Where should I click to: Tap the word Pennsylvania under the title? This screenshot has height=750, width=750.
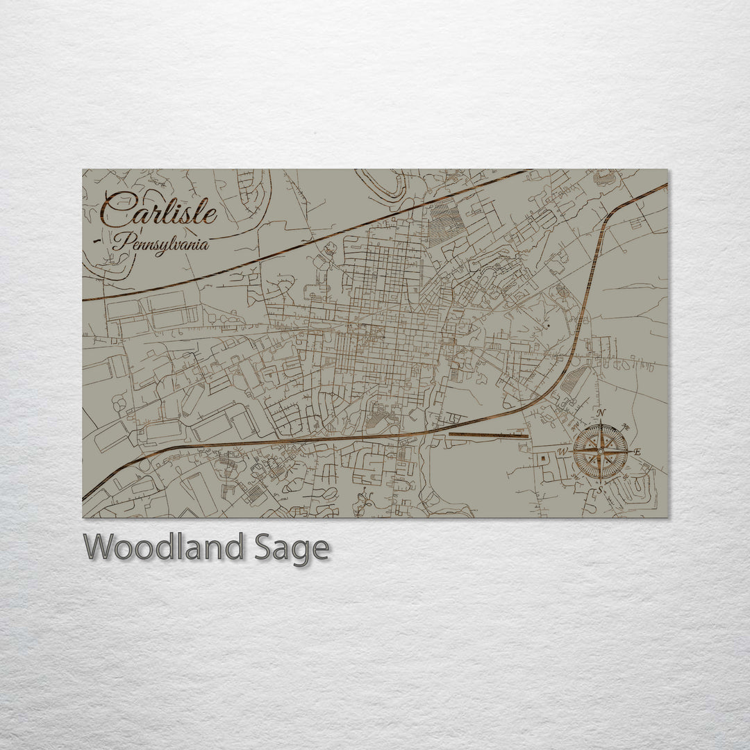(x=161, y=243)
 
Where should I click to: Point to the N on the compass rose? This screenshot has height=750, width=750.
(x=601, y=415)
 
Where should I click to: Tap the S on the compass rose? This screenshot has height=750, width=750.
(x=600, y=490)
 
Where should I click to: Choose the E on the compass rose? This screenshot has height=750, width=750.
(x=637, y=452)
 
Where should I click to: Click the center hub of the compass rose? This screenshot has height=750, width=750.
(x=601, y=452)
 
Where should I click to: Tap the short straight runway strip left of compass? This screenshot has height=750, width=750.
(x=489, y=435)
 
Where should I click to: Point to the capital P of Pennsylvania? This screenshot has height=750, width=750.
(x=122, y=243)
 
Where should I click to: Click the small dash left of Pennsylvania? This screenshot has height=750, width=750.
(x=97, y=241)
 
